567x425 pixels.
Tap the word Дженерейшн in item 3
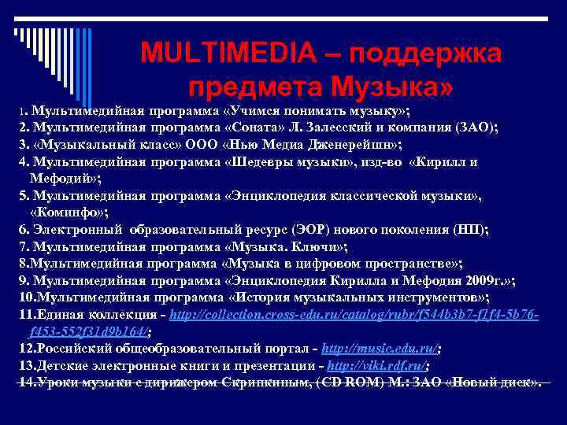pos(352,145)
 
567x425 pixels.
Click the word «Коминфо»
pos(69,213)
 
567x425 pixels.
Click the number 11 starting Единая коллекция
pos(25,314)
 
